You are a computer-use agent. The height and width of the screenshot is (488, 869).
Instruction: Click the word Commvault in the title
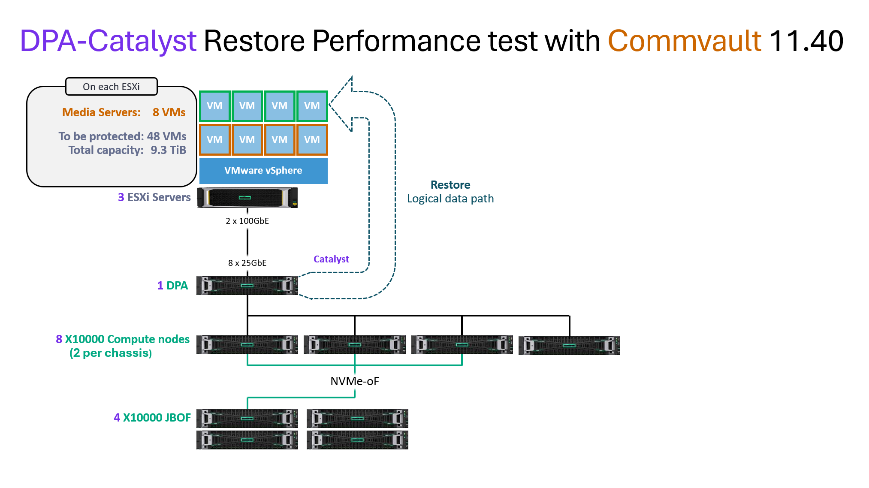(x=685, y=41)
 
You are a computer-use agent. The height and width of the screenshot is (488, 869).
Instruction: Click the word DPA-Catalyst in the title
(x=108, y=41)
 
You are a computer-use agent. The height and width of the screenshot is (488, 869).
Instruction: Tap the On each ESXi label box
(x=112, y=87)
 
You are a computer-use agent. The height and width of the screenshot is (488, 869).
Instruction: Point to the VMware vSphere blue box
(x=263, y=171)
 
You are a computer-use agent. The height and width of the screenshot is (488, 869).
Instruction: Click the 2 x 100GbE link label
(x=247, y=221)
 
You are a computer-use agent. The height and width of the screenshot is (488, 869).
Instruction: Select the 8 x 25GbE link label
(x=247, y=263)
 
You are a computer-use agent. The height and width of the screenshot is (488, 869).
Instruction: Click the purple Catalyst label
(x=331, y=259)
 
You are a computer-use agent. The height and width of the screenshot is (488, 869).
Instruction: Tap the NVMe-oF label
(x=355, y=381)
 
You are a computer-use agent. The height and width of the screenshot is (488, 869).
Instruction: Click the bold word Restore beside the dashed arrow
(x=450, y=185)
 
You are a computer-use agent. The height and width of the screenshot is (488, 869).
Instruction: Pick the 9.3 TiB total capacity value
(x=168, y=150)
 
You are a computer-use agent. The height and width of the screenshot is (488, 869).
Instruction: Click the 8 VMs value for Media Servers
(x=169, y=112)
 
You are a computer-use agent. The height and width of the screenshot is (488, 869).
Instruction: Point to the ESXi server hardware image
(x=247, y=198)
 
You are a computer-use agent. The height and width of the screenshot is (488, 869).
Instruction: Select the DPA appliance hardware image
(x=247, y=286)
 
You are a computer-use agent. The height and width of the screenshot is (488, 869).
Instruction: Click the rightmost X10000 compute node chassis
(x=569, y=346)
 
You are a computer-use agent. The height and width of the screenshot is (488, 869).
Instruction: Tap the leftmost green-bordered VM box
(x=215, y=106)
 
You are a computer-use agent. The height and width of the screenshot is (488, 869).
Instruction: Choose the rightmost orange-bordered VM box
(x=312, y=140)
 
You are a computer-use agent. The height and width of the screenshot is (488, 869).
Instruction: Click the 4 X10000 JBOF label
(x=152, y=418)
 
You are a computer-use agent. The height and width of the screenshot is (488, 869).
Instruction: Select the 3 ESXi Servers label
(x=154, y=197)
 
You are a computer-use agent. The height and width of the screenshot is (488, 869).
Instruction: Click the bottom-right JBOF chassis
(x=358, y=440)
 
